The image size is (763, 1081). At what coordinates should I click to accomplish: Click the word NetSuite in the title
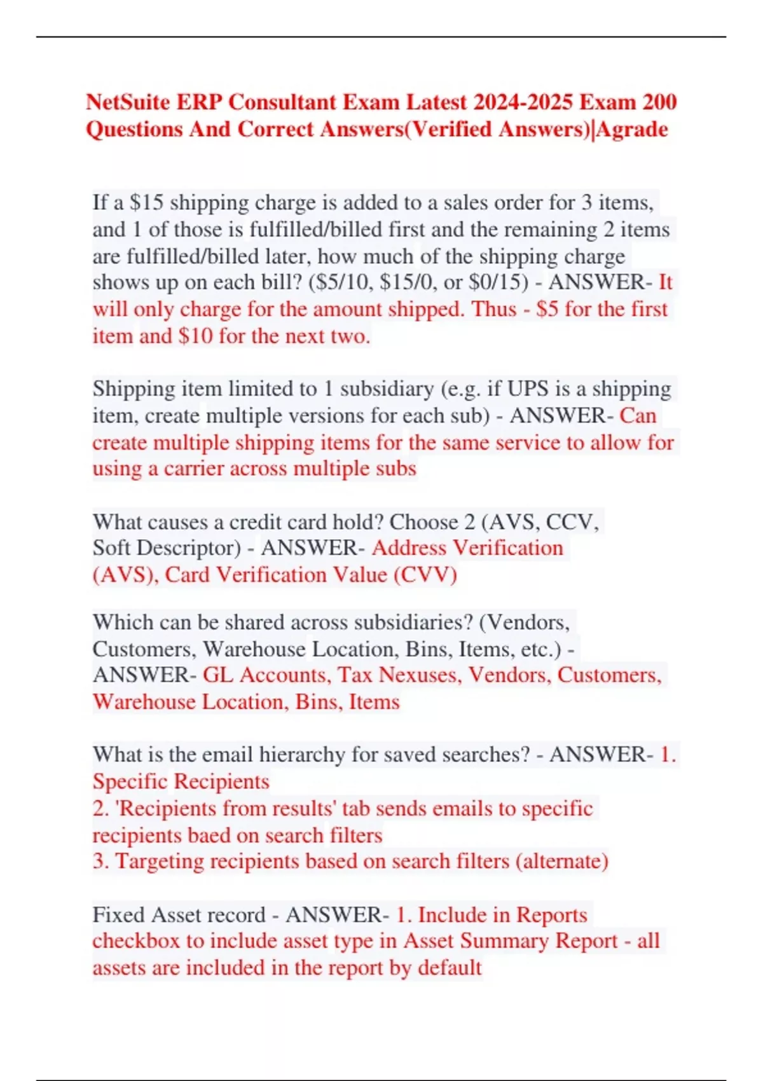128,102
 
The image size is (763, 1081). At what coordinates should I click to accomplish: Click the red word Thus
493,309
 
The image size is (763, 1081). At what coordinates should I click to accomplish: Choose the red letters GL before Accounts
218,675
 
